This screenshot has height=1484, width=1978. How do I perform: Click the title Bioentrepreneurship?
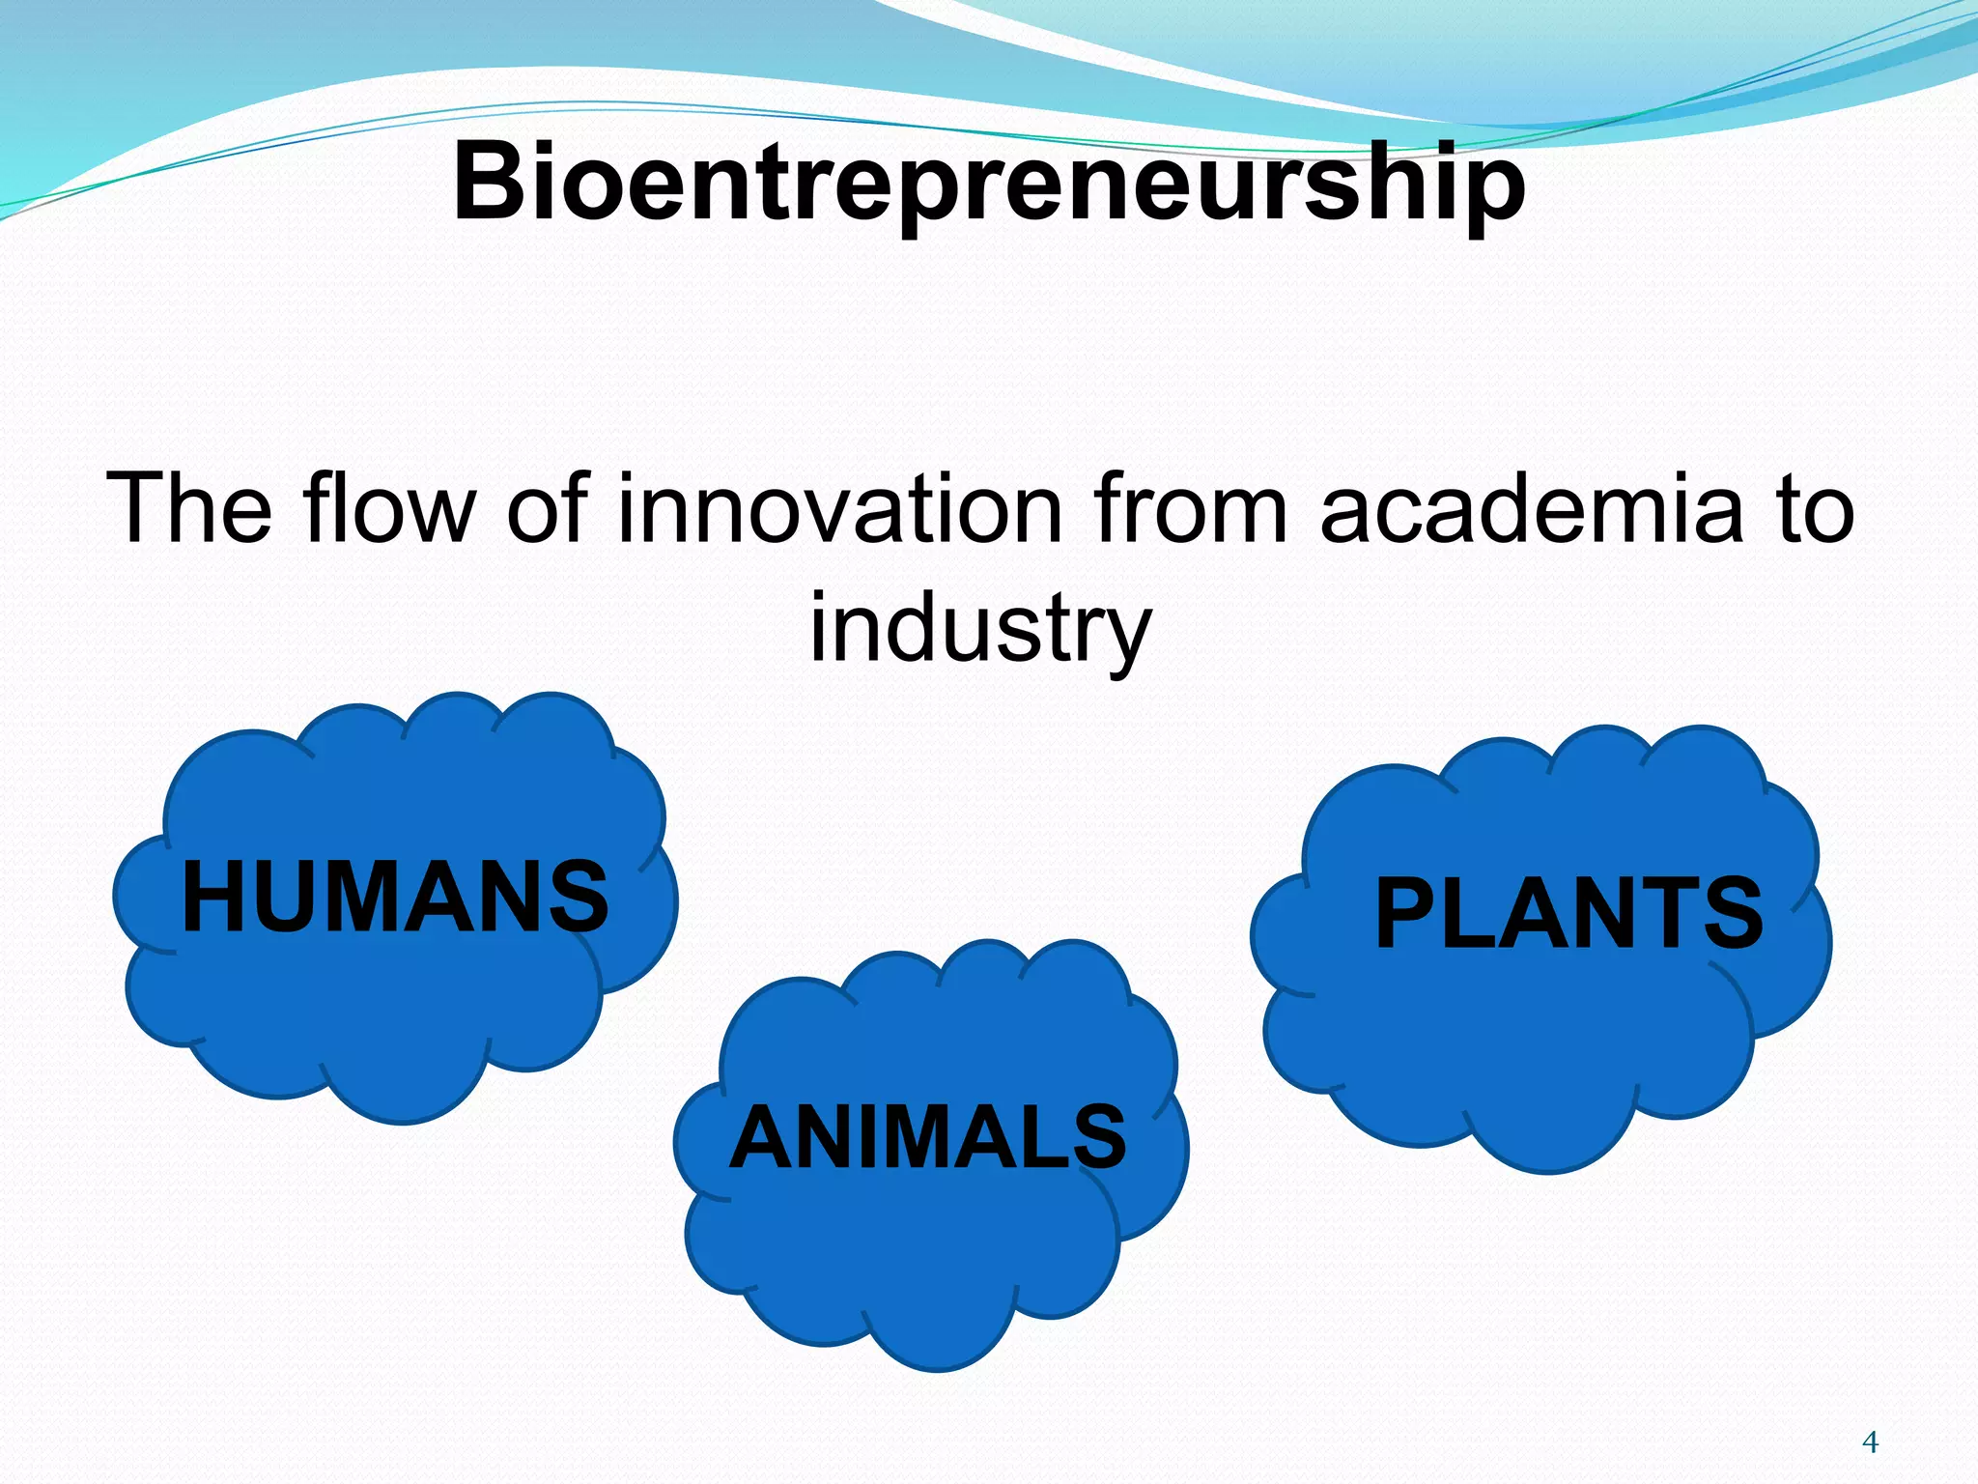989,182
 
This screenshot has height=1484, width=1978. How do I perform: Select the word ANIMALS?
928,1137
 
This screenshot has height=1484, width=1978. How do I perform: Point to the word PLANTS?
1568,913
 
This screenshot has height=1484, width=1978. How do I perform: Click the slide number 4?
1870,1442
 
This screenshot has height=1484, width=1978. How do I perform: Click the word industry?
980,628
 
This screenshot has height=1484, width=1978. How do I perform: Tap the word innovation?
840,509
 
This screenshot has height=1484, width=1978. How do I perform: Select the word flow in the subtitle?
389,509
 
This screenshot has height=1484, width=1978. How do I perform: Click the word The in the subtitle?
189,509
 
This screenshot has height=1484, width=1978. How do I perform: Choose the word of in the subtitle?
547,509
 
